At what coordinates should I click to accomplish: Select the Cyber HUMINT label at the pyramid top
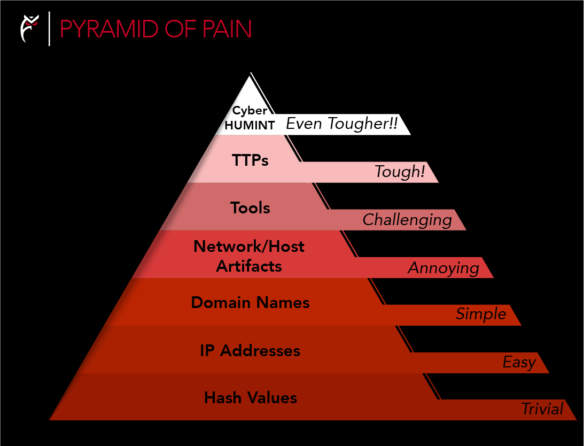(250, 118)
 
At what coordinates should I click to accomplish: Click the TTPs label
(250, 160)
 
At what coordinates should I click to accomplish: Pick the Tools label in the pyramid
(250, 207)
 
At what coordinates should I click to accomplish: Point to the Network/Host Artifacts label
(249, 256)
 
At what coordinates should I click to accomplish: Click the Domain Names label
(250, 303)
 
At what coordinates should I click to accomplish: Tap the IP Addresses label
(250, 351)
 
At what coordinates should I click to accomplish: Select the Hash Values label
(250, 398)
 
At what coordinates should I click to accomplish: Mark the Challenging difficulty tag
(407, 220)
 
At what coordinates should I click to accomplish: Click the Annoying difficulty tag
(443, 267)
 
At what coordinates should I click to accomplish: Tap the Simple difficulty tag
(481, 314)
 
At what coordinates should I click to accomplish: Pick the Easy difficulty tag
(519, 363)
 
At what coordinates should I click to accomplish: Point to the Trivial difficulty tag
(542, 410)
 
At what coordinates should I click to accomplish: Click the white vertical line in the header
(50, 29)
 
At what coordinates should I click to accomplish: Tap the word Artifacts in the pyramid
(249, 266)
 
